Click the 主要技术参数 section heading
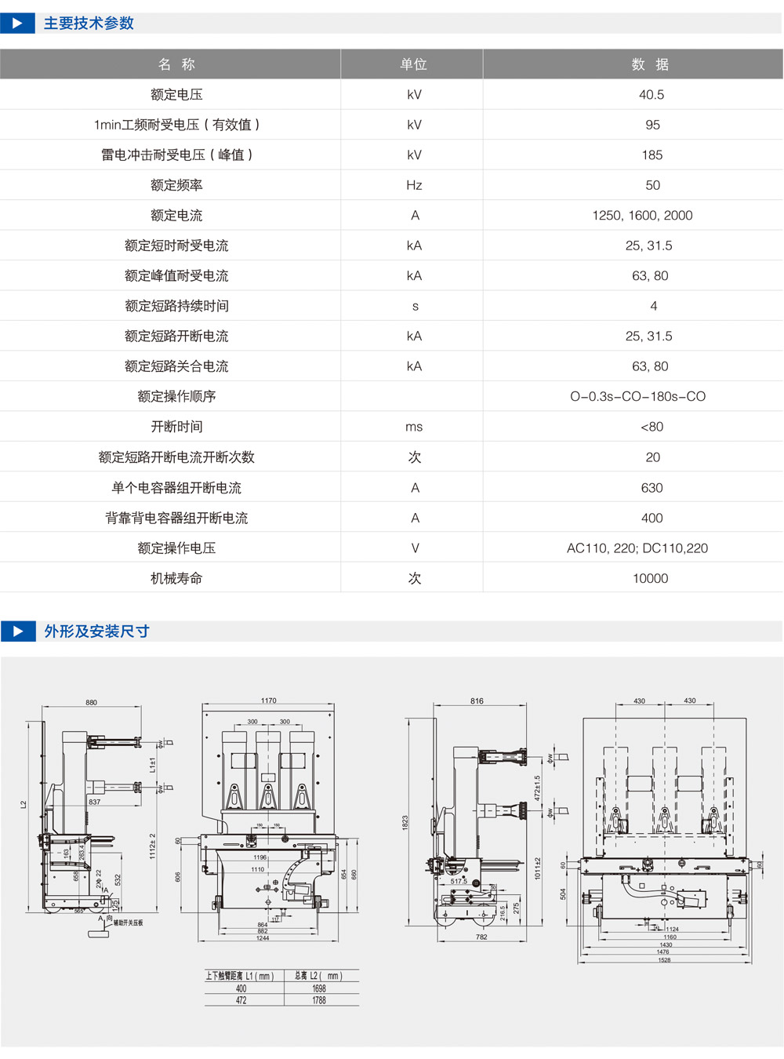(x=89, y=24)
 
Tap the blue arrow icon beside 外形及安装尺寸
(x=17, y=631)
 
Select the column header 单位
(x=413, y=64)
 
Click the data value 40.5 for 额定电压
(x=651, y=95)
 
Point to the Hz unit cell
(x=414, y=185)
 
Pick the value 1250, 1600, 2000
(x=642, y=216)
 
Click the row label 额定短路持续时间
(x=176, y=306)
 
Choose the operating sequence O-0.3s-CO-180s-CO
(x=637, y=397)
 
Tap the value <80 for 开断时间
(x=652, y=427)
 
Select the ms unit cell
(x=414, y=427)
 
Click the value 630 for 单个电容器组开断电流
(x=652, y=488)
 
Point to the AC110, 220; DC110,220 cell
(x=637, y=548)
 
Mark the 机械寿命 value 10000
(x=650, y=579)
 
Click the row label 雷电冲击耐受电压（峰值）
(x=176, y=155)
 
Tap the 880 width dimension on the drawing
(x=92, y=702)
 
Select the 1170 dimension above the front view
(x=269, y=701)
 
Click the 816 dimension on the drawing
(x=477, y=701)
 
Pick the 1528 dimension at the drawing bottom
(x=664, y=960)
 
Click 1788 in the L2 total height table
(x=319, y=1000)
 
